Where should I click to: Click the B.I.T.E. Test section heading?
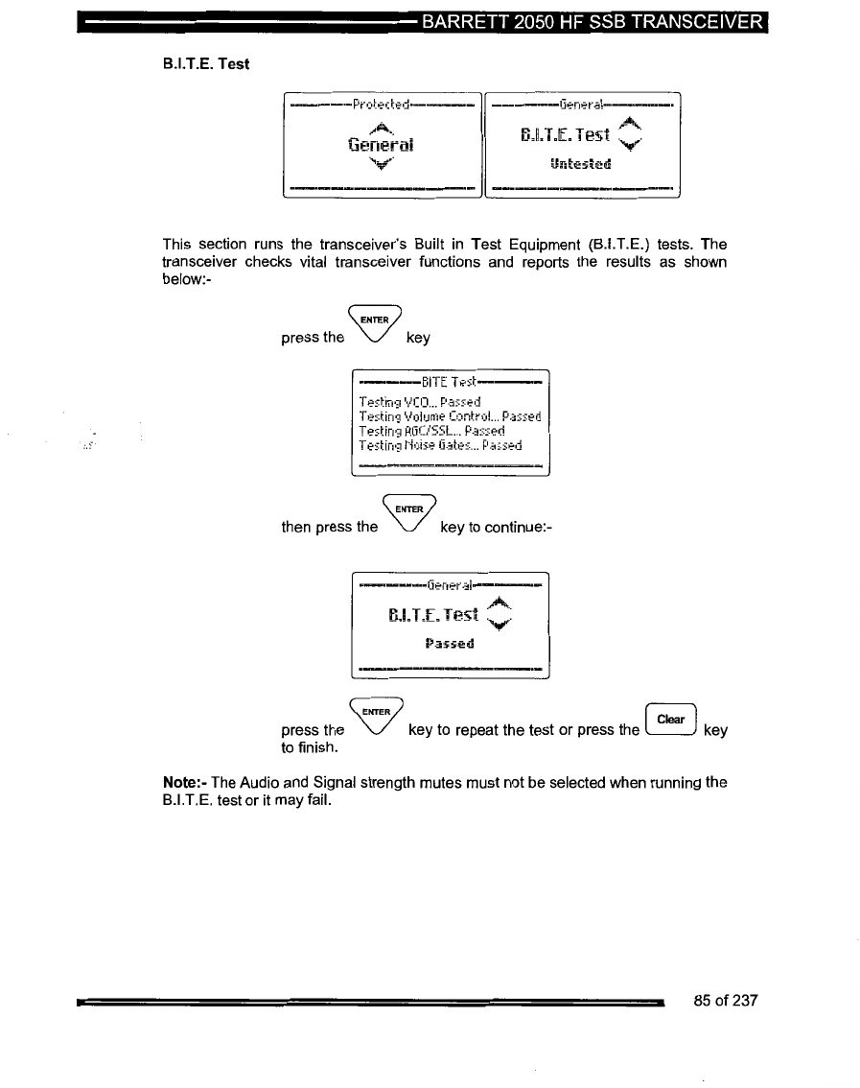pos(206,64)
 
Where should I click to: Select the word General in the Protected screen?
pos(382,145)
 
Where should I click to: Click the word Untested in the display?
pos(580,163)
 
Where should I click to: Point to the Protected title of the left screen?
pos(382,104)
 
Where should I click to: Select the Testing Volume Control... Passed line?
pos(450,416)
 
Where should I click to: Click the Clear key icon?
pos(671,719)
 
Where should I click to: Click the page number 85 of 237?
pos(725,1001)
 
